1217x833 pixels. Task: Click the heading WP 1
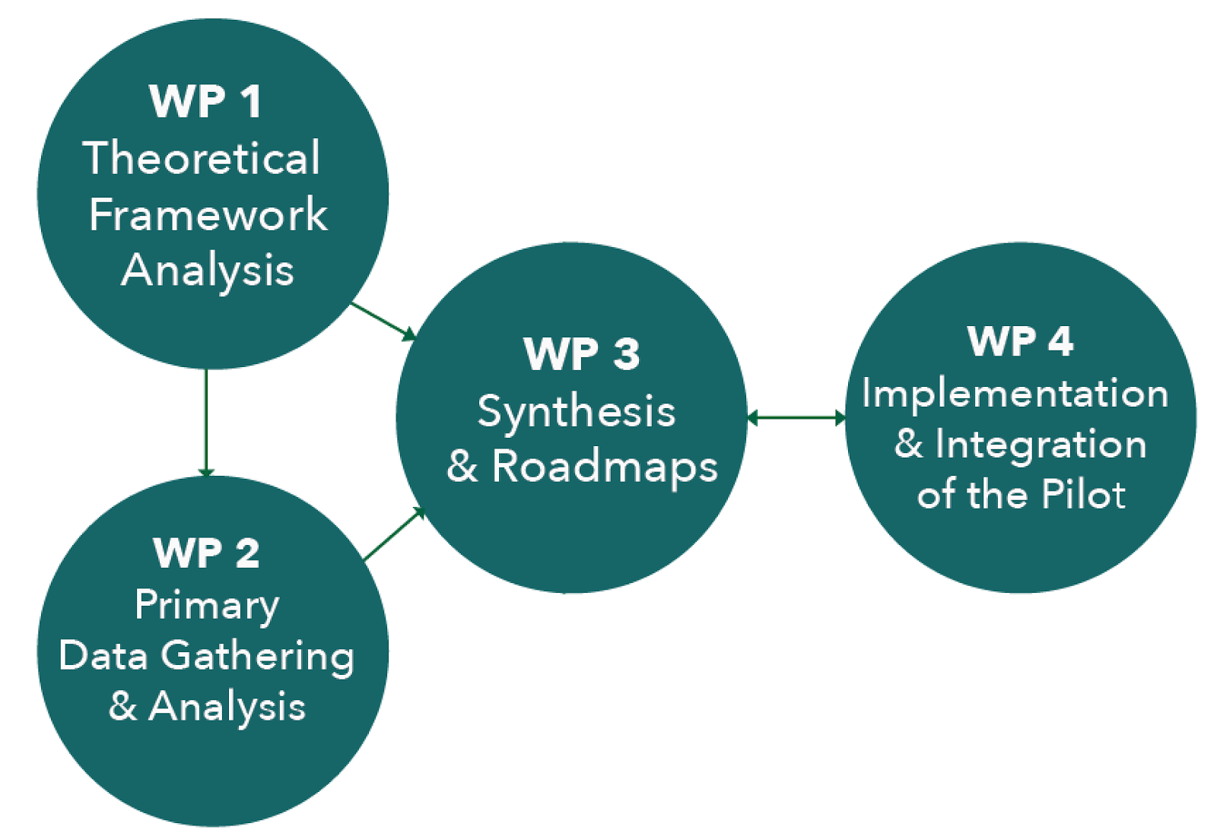(x=205, y=101)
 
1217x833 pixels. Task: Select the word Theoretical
(x=202, y=158)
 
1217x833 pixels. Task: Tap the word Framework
(x=208, y=214)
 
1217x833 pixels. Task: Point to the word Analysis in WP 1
(x=208, y=271)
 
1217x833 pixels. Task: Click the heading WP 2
(x=206, y=553)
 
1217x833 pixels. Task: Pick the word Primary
(x=207, y=606)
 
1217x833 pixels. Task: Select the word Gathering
(x=258, y=656)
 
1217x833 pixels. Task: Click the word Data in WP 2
(x=103, y=655)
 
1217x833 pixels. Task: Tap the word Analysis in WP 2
(x=227, y=707)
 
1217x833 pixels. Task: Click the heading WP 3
(x=582, y=354)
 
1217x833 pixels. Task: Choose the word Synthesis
(x=577, y=413)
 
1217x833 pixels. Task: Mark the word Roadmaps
(x=605, y=467)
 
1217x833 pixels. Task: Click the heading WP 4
(x=1020, y=341)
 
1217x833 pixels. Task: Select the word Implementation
(x=1015, y=394)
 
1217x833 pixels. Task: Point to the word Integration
(x=1041, y=445)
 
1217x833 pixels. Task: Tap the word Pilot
(x=1083, y=495)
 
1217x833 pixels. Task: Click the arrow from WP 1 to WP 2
(x=205, y=423)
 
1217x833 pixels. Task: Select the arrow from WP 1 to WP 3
(x=383, y=321)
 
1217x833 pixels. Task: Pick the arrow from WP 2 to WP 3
(x=394, y=534)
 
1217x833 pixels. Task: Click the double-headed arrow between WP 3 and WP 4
(x=796, y=417)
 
